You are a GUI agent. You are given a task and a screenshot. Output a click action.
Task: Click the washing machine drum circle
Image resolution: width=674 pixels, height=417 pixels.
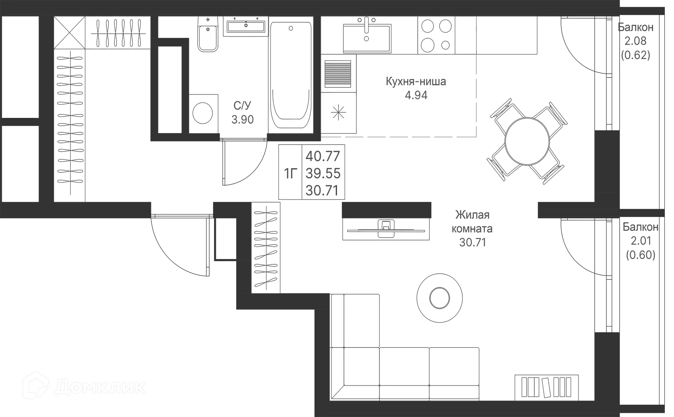tap(203, 113)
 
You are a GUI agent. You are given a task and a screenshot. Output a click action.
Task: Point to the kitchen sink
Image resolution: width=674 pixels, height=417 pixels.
tap(366, 35)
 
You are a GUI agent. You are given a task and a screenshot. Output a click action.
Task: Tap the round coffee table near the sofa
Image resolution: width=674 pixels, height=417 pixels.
tap(439, 298)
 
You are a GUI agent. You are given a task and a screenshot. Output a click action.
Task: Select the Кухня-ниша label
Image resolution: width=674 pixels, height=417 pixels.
tap(416, 81)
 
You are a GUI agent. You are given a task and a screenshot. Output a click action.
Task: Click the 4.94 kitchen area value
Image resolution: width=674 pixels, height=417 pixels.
tap(417, 95)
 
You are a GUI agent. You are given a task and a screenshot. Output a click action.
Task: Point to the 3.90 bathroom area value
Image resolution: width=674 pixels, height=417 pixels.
tap(243, 120)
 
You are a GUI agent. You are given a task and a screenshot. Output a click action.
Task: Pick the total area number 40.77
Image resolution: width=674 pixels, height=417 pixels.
tap(323, 155)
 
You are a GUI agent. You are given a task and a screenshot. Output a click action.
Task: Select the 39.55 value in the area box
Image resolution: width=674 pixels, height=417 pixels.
tap(323, 173)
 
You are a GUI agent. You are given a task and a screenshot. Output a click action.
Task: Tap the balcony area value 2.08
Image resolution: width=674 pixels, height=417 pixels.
tap(636, 41)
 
